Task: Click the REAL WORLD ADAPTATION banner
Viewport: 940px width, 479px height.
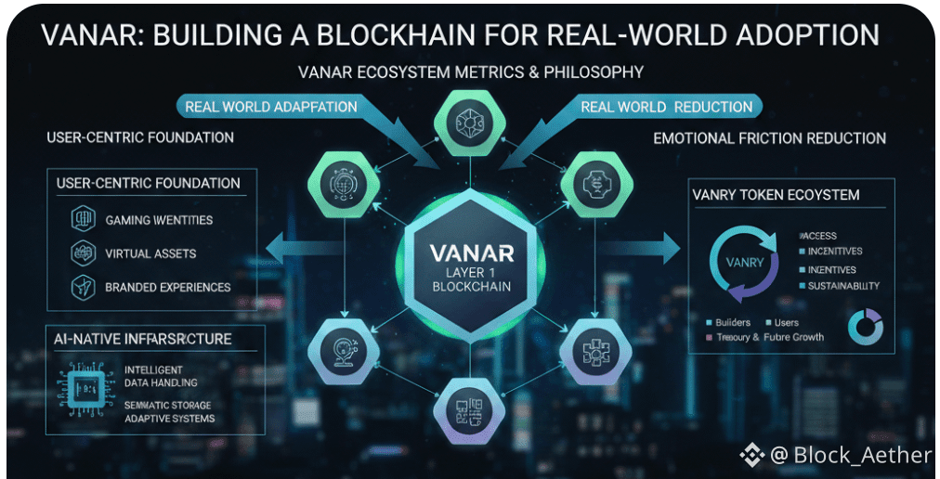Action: click(x=270, y=107)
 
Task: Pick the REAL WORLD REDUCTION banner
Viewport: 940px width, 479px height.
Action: click(x=667, y=107)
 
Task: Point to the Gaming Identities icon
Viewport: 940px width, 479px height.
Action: click(x=84, y=220)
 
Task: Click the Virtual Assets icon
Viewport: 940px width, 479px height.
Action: click(x=84, y=253)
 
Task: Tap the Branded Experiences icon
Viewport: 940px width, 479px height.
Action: click(x=84, y=287)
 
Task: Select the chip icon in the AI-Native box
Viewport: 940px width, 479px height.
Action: click(x=84, y=391)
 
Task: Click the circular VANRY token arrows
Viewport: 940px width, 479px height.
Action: click(x=742, y=262)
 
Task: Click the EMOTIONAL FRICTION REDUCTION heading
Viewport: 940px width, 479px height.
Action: click(x=769, y=138)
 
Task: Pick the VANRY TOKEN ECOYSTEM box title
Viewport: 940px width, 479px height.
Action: click(x=776, y=195)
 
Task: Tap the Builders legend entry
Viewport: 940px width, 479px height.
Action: click(x=733, y=322)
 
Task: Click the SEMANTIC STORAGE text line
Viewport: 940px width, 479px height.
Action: click(x=168, y=406)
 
